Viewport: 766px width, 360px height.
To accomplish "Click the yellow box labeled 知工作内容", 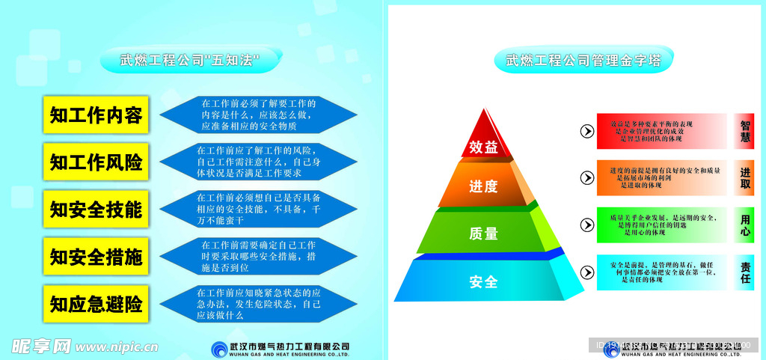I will pos(96,115).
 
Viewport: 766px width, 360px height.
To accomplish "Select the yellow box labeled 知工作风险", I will pos(96,162).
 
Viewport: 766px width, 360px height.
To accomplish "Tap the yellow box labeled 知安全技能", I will pos(96,210).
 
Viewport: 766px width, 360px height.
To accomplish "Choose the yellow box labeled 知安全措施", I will pos(96,257).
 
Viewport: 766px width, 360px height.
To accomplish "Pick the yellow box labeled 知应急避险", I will pos(96,305).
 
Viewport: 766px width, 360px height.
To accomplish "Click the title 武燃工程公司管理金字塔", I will pos(583,60).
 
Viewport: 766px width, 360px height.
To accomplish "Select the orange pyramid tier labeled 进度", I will pos(483,186).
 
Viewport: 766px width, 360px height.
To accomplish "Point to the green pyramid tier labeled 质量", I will pos(483,233).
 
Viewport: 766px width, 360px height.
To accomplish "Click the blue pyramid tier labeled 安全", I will pos(483,281).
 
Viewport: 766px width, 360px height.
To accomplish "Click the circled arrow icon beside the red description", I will pos(587,132).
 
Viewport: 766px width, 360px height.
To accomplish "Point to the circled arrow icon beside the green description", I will pos(587,225).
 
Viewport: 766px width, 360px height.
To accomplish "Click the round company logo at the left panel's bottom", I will pos(219,348).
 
